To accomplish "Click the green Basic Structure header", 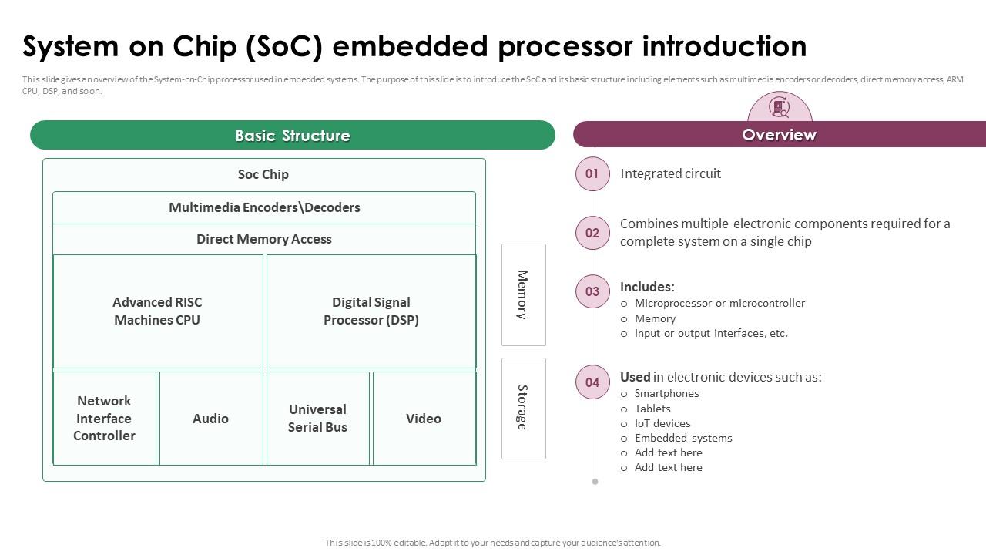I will coord(293,135).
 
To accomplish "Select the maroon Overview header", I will coord(779,135).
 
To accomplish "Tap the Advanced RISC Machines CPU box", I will coord(158,311).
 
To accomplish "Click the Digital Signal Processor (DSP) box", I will coord(371,311).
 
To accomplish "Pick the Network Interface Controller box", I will coord(104,419).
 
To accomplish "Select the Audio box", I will coord(210,419).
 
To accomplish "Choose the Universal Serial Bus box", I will coord(317,419).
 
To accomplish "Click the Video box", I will coord(424,419).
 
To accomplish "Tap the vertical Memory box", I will coord(523,294).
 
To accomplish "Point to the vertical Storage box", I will coord(523,408).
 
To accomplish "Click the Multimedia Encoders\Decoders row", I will coord(264,207).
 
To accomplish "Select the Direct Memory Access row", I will coord(264,239).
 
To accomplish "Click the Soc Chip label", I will coord(263,174).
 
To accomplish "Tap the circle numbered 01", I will coord(592,173).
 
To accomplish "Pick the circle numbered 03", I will coord(592,291).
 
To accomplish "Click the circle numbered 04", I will coord(592,382).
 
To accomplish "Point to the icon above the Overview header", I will coord(780,108).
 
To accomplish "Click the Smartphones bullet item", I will coord(666,393).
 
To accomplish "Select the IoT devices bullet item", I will coord(662,423).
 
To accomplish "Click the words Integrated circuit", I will coord(670,173).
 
